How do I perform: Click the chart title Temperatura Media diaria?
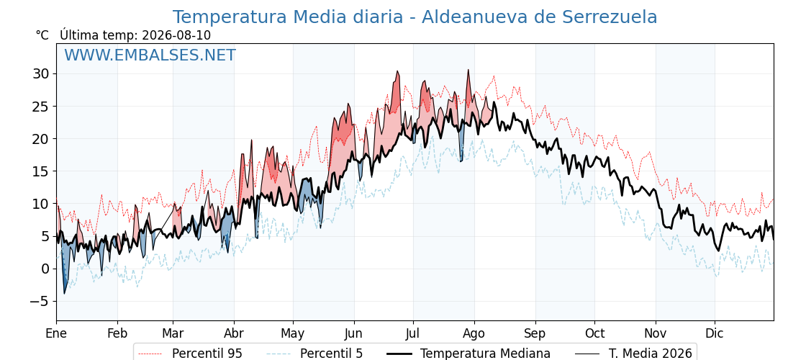pyautogui.click(x=287, y=17)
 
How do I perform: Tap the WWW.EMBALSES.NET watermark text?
pyautogui.click(x=150, y=55)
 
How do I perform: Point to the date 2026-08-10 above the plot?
pyautogui.click(x=176, y=35)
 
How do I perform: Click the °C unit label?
pyautogui.click(x=42, y=35)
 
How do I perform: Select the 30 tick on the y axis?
pyautogui.click(x=41, y=74)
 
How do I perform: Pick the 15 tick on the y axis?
pyautogui.click(x=41, y=171)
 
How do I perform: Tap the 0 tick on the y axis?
pyautogui.click(x=46, y=269)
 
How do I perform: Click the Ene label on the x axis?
pyautogui.click(x=56, y=334)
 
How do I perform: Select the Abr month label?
pyautogui.click(x=234, y=334)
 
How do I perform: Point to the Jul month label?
pyautogui.click(x=413, y=334)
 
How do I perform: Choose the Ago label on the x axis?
pyautogui.click(x=474, y=334)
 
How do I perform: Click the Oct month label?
pyautogui.click(x=594, y=334)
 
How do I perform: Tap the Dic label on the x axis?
pyautogui.click(x=715, y=334)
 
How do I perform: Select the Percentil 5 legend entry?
pyautogui.click(x=315, y=354)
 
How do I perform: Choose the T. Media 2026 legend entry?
pyautogui.click(x=634, y=354)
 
